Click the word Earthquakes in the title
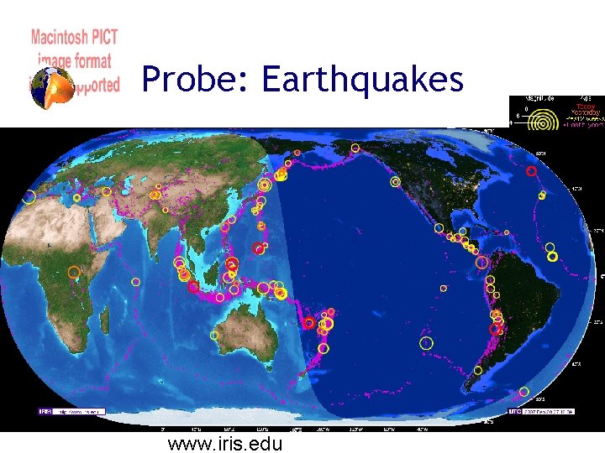click(x=362, y=80)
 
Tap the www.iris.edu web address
click(x=225, y=443)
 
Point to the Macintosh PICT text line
click(x=74, y=37)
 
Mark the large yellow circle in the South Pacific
click(x=427, y=342)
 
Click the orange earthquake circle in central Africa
click(x=74, y=272)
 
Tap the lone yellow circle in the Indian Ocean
click(x=135, y=281)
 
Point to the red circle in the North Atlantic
click(x=531, y=171)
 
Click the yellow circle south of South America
click(x=523, y=391)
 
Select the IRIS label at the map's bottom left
click(x=45, y=412)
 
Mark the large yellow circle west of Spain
click(x=29, y=197)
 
